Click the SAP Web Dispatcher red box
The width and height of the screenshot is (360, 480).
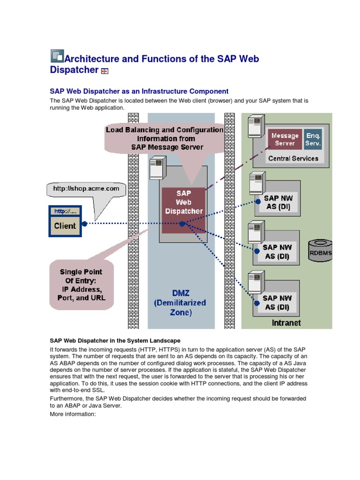(183, 202)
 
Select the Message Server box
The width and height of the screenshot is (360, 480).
(285, 139)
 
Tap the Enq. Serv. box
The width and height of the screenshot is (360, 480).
(313, 139)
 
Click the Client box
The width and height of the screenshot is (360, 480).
(65, 225)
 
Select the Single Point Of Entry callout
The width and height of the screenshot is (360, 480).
(81, 285)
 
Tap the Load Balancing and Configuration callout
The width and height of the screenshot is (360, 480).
(165, 138)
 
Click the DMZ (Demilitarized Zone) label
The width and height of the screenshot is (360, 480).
(180, 303)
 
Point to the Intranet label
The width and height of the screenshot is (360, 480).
(286, 323)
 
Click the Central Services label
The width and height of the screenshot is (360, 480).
(293, 158)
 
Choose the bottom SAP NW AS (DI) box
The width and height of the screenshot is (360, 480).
(277, 302)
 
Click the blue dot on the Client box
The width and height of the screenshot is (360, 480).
(84, 224)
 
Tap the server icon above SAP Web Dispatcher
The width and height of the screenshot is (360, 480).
(156, 169)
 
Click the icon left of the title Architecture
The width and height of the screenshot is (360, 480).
(57, 56)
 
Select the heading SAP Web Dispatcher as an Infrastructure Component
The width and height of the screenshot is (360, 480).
(139, 91)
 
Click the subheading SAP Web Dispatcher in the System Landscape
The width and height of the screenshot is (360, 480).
(115, 340)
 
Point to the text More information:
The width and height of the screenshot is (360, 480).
(73, 414)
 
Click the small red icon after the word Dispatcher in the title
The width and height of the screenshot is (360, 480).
(105, 71)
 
